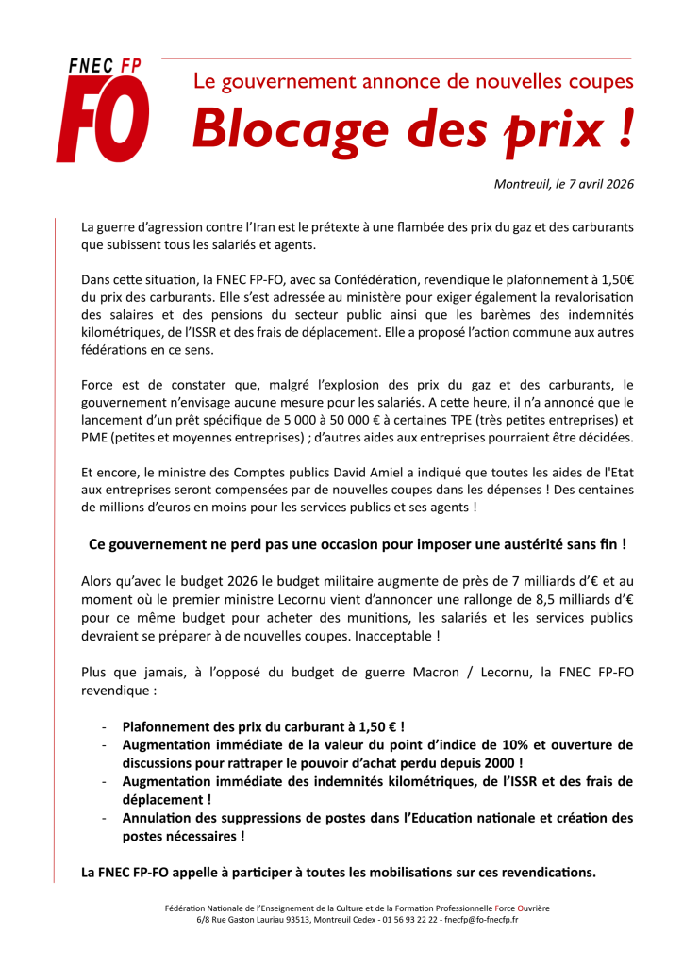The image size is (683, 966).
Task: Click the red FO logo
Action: pyautogui.click(x=102, y=120)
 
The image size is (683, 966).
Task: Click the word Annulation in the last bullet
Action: pyautogui.click(x=158, y=817)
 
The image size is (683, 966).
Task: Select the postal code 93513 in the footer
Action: pyautogui.click(x=292, y=919)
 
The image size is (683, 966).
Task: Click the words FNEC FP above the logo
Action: pyautogui.click(x=104, y=65)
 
